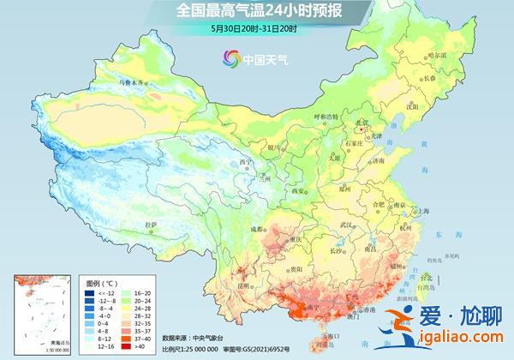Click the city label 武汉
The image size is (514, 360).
346,225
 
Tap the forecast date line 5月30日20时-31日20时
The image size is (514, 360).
258,28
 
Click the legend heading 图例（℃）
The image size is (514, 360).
102,282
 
